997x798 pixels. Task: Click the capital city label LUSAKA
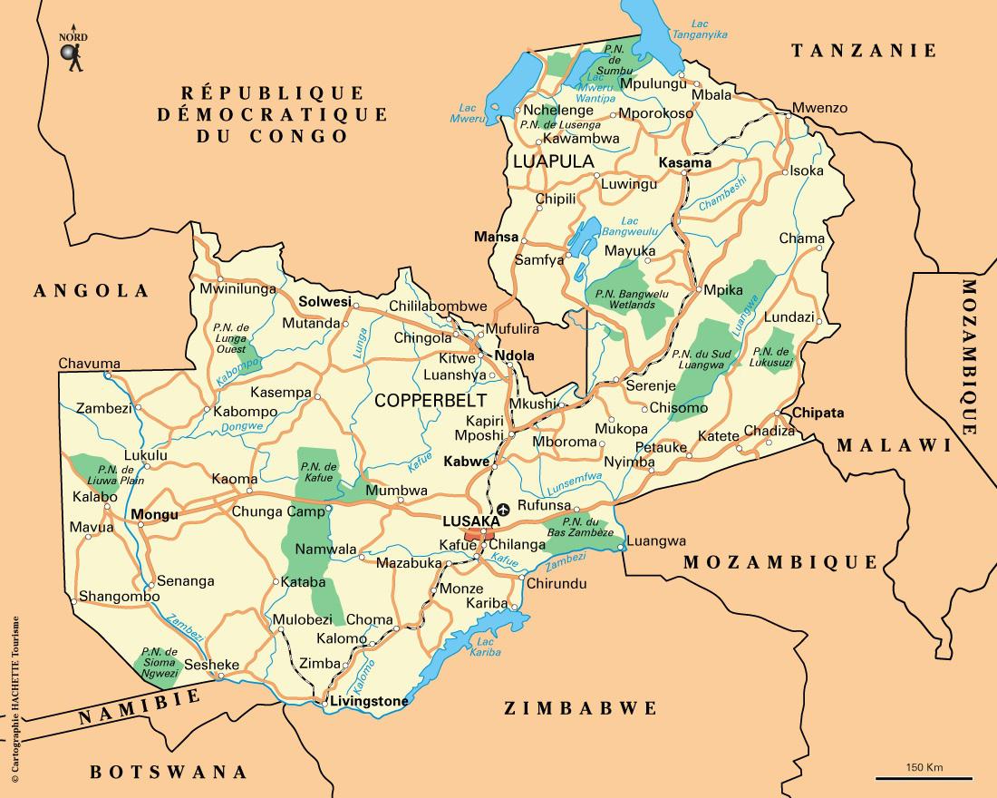(x=470, y=521)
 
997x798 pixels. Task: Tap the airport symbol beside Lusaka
(x=504, y=511)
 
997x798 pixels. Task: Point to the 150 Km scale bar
(x=924, y=777)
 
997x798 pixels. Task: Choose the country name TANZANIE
(x=863, y=51)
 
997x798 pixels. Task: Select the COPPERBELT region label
(x=431, y=400)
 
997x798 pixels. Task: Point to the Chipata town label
(x=818, y=413)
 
